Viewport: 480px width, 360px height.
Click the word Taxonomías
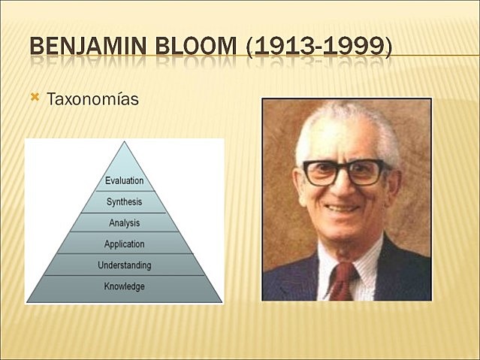93,99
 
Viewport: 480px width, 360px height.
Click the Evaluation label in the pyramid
124,181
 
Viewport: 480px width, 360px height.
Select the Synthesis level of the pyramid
124,202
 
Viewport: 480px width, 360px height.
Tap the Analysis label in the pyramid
124,223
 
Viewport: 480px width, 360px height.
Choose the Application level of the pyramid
124,244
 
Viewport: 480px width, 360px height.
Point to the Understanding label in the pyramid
124,265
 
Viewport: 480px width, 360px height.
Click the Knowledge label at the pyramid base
124,286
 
